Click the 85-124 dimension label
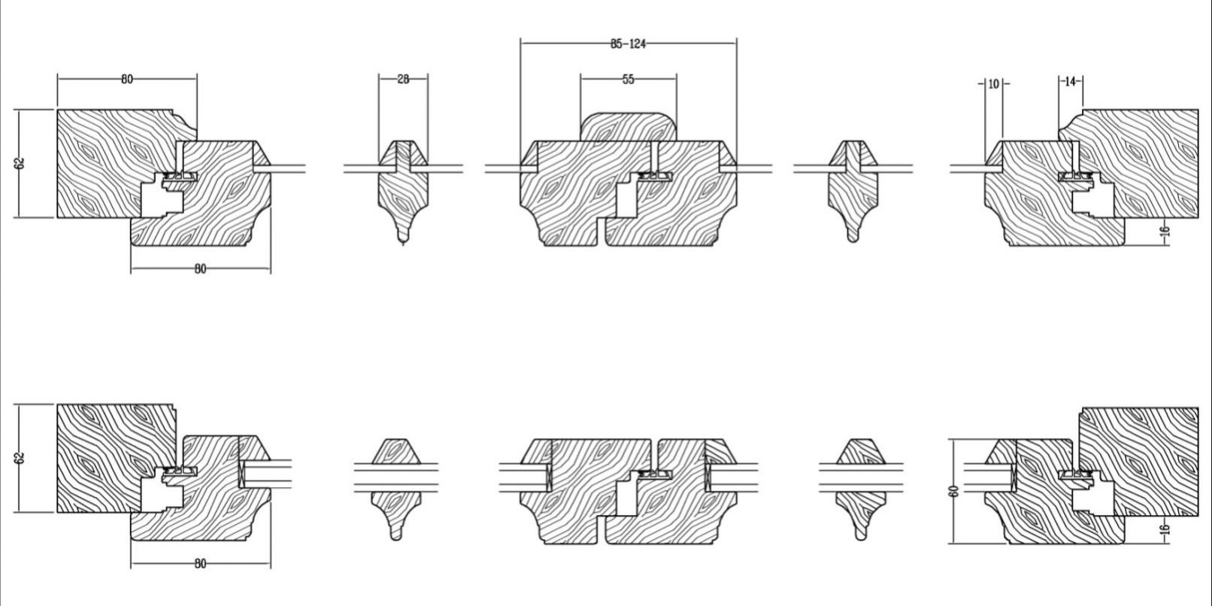629,44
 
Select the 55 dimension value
628,80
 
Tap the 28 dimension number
403,80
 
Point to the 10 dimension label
993,84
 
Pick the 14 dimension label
1070,82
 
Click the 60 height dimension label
954,491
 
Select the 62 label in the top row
20,163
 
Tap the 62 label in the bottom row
20,458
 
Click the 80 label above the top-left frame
126,80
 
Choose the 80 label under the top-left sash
200,269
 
